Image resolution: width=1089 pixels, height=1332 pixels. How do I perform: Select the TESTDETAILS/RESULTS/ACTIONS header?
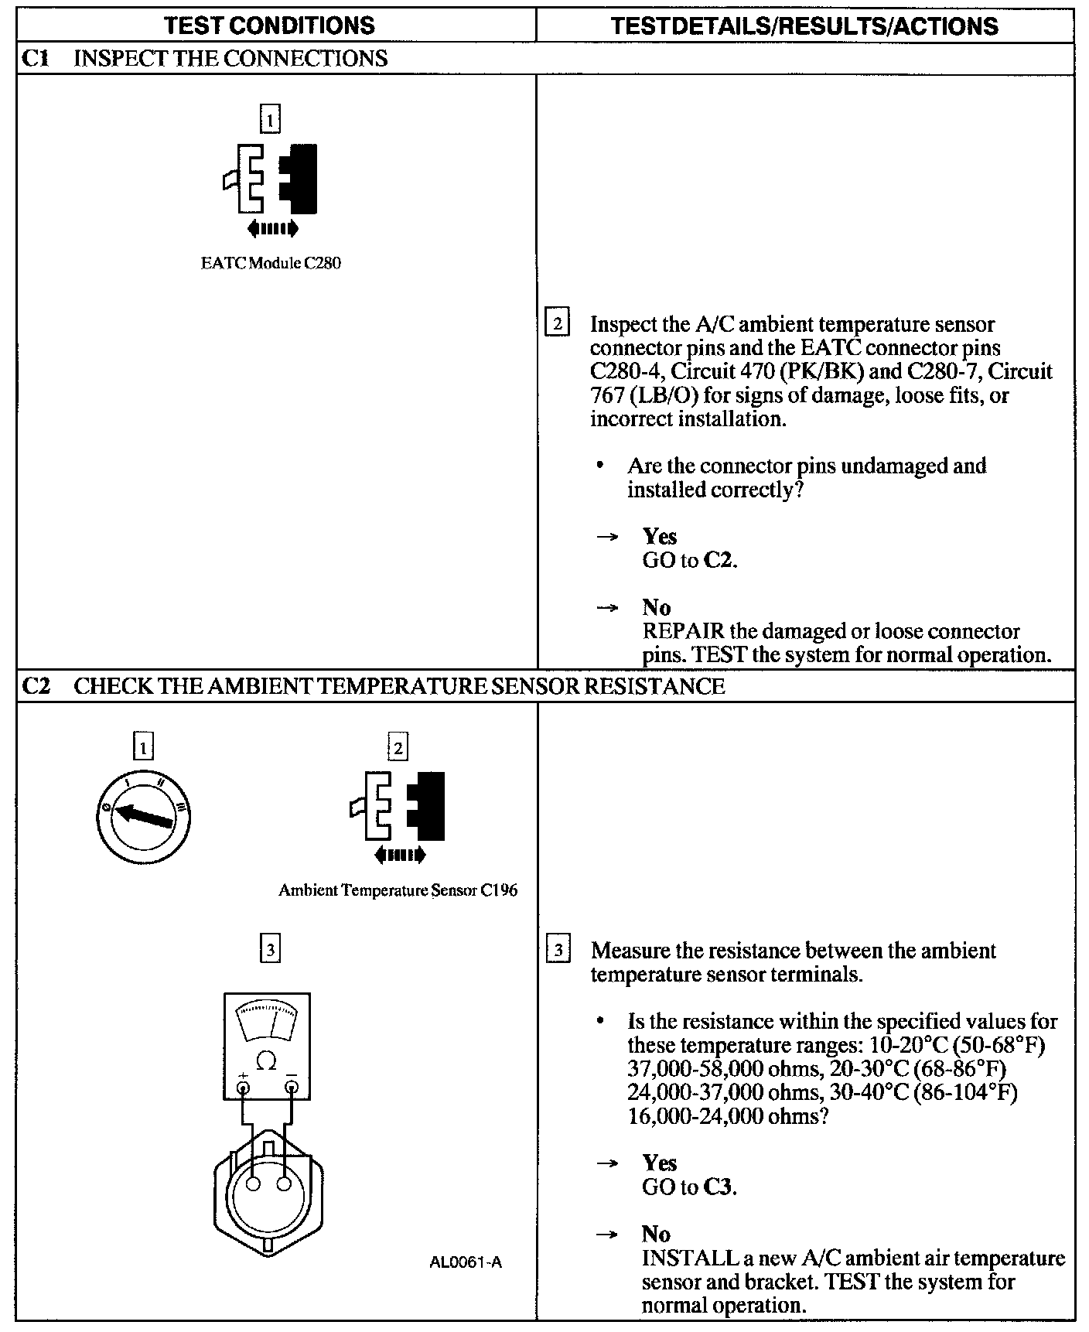(804, 26)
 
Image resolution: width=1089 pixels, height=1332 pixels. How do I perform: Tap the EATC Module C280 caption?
(271, 263)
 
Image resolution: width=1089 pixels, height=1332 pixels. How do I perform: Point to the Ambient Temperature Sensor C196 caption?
(398, 890)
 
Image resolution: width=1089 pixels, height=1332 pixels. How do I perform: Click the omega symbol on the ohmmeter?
(266, 1061)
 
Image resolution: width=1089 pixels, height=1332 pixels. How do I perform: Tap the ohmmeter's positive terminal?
(243, 1088)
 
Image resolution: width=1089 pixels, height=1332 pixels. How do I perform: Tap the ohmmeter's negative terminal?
(291, 1088)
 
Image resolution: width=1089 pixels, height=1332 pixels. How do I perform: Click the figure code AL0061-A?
(465, 1262)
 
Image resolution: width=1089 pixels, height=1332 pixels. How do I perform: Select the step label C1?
(34, 59)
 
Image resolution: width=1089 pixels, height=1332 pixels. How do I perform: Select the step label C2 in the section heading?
(36, 686)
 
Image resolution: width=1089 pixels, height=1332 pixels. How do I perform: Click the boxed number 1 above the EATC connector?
(270, 120)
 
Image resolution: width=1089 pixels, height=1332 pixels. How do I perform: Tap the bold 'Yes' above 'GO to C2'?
(660, 536)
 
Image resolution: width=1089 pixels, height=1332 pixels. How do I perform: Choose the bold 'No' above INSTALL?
(656, 1234)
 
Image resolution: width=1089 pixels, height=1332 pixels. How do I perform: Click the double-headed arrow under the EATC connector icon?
(271, 228)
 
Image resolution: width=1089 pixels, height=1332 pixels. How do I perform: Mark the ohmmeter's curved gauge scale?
(266, 1022)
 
